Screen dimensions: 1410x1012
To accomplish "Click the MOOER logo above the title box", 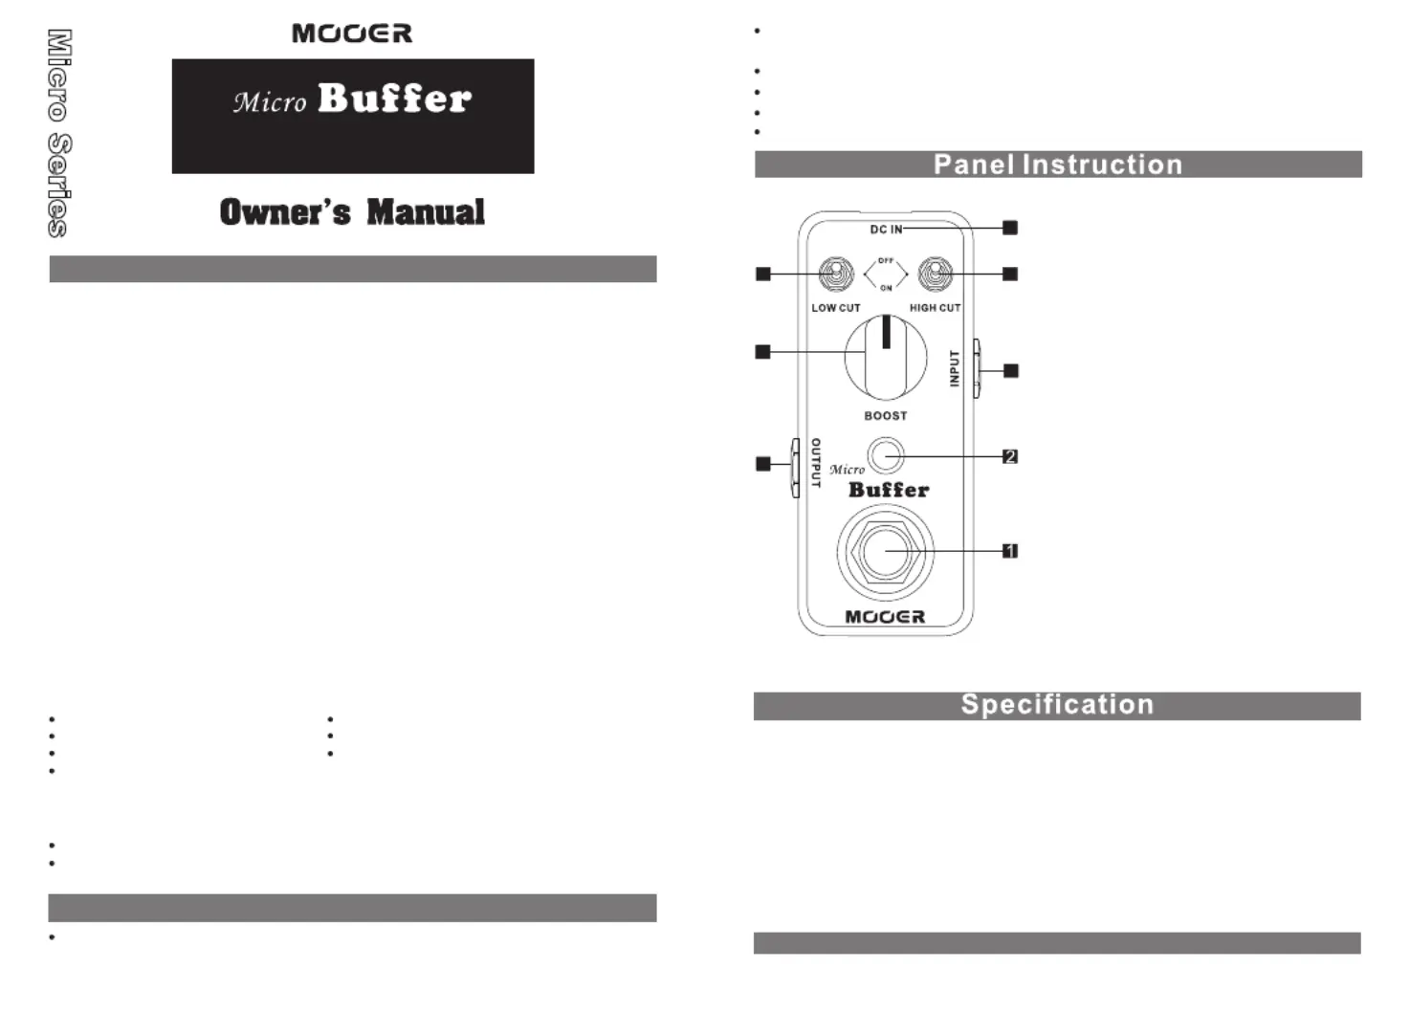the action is (x=352, y=33).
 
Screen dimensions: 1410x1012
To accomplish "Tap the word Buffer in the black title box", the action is (x=394, y=99).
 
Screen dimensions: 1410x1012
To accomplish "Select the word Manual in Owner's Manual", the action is (x=426, y=211).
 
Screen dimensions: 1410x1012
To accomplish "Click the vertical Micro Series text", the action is (x=58, y=133).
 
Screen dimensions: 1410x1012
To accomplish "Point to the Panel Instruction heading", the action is (x=1058, y=165).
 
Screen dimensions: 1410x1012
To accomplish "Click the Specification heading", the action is (x=1057, y=705).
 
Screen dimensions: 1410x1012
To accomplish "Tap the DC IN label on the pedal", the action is (x=886, y=230).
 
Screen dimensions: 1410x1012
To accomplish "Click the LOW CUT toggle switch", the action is (x=837, y=275).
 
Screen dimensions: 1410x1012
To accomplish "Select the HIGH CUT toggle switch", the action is (x=935, y=275).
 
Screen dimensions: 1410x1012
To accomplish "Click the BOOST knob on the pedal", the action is (x=886, y=359).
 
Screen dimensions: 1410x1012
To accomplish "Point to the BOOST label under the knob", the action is (x=886, y=416).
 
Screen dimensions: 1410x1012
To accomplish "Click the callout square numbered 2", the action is (x=1010, y=457).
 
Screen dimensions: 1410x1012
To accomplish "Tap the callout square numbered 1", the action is (x=1010, y=551).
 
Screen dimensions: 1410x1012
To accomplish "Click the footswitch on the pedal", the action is (x=886, y=552).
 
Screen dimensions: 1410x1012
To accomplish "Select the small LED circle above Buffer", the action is (x=886, y=455).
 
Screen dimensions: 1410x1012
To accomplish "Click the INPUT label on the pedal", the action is (x=955, y=368).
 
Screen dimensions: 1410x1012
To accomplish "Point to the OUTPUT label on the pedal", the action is (x=816, y=463).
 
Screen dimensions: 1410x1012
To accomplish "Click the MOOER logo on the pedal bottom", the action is (x=886, y=617).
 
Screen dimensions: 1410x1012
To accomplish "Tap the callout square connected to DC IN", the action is (x=1010, y=228).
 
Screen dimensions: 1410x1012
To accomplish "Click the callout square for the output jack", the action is (x=763, y=464).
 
